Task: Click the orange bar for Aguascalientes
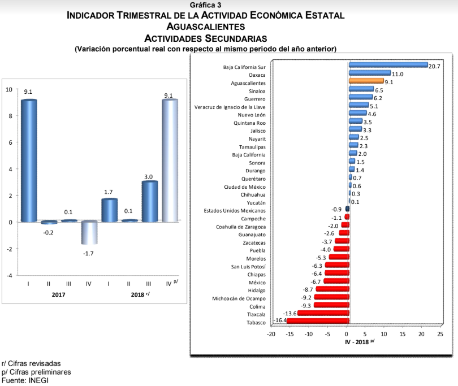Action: (x=366, y=81)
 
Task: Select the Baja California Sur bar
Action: (x=388, y=65)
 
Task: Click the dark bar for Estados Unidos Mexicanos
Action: (x=347, y=209)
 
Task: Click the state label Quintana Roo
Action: (x=249, y=123)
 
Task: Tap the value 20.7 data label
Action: (x=434, y=66)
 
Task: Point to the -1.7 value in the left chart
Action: (x=88, y=253)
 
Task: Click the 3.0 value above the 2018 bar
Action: (x=149, y=177)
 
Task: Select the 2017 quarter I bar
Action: (x=28, y=161)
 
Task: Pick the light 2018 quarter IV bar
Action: (x=170, y=161)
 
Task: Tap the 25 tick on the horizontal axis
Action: (x=440, y=333)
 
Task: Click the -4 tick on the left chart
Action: (x=8, y=275)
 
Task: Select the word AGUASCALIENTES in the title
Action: (x=206, y=26)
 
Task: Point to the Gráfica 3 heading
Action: (x=206, y=5)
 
